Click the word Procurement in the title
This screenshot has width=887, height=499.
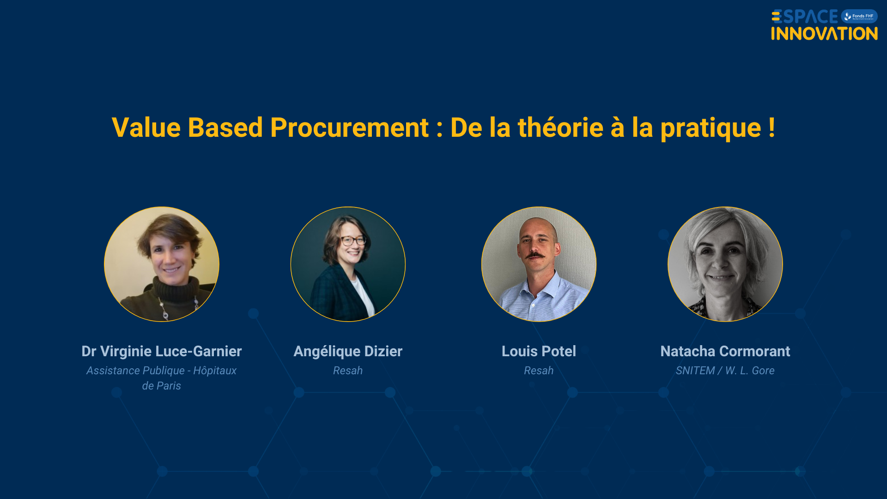350,128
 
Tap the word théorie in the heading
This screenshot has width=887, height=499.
560,128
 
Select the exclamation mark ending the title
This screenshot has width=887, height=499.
772,128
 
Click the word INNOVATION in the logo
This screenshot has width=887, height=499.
824,34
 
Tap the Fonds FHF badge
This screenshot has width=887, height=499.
859,16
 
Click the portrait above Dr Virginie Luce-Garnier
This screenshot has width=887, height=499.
162,264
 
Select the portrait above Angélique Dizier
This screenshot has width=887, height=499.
348,264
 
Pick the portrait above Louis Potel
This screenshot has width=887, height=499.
539,264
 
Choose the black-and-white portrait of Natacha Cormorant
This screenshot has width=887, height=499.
725,264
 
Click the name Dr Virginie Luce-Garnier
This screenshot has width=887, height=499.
162,351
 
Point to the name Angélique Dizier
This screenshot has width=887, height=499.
348,351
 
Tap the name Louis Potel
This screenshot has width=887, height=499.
539,351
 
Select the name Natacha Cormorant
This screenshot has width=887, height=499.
725,351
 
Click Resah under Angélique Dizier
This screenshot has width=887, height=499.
348,371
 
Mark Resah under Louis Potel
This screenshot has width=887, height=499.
539,371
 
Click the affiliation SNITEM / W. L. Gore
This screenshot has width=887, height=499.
725,371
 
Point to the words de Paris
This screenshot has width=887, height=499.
162,386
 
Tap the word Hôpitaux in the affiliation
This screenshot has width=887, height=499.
215,371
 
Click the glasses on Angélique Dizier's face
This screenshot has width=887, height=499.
353,241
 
